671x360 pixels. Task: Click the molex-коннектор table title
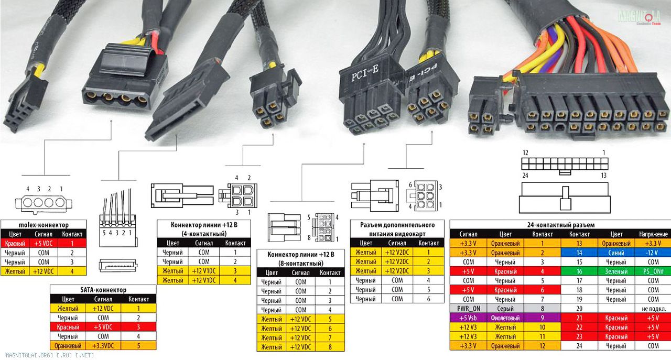tap(44, 225)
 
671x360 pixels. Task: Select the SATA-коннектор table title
tap(103, 290)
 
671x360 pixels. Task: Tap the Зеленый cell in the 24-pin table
tap(616, 271)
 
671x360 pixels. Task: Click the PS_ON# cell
tap(653, 271)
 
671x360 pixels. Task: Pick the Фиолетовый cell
tap(505, 318)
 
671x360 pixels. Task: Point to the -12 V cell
tap(653, 253)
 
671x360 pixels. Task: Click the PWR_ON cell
tap(468, 309)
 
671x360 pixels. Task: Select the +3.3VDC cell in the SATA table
tap(103, 346)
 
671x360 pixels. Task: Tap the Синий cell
tap(616, 253)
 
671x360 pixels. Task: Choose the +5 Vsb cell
tap(468, 318)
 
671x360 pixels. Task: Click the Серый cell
tap(505, 309)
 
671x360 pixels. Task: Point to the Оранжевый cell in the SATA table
tap(68, 346)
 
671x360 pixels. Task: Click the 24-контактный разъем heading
tap(561, 225)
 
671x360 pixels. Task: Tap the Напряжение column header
tap(653, 234)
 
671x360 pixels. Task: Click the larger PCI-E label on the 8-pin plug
tap(365, 74)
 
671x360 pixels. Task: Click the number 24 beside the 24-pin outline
tap(525, 175)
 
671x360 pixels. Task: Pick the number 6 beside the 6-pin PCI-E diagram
tap(410, 185)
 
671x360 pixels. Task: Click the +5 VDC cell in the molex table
tap(43, 243)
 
